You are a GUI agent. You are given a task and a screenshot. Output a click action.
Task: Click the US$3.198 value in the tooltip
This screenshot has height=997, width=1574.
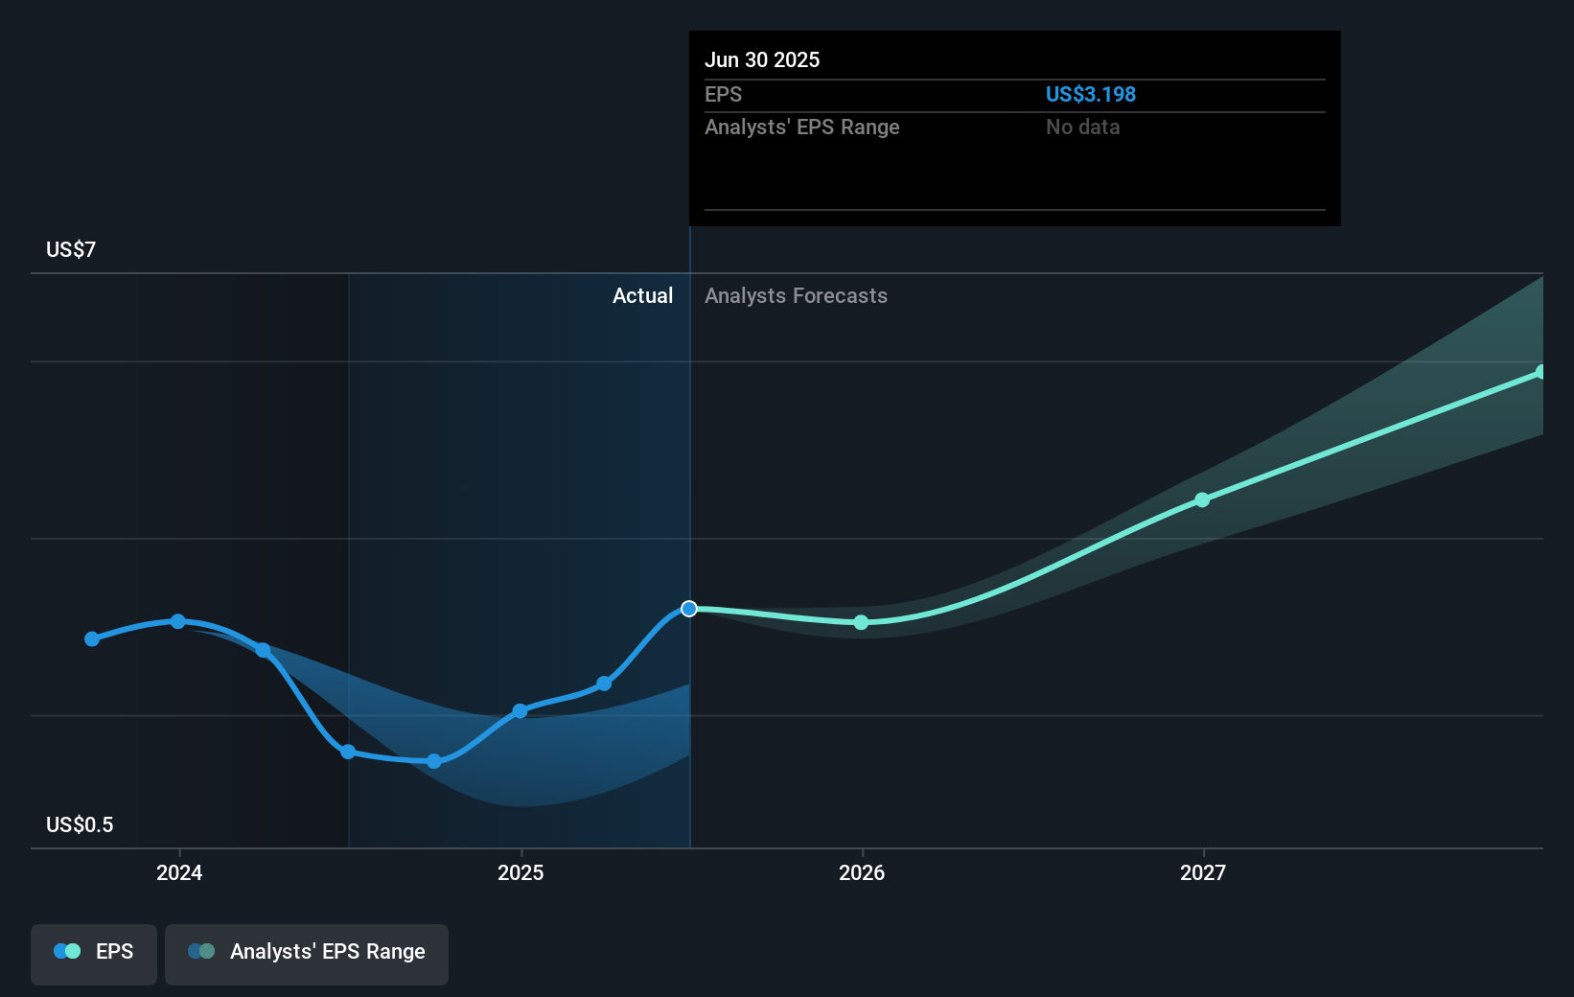[1090, 94]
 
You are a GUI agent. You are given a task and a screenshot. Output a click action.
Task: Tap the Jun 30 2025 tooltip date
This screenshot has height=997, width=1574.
[762, 59]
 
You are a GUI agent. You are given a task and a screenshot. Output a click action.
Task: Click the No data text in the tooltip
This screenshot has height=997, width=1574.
[1082, 127]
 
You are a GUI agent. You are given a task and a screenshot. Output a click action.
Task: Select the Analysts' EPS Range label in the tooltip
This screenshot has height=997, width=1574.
[801, 127]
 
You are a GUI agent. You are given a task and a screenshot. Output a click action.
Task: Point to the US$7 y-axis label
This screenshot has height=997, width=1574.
[71, 249]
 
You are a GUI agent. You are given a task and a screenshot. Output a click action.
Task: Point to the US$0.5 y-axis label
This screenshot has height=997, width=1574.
[80, 824]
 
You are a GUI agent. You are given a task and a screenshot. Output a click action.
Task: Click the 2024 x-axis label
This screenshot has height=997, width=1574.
[179, 872]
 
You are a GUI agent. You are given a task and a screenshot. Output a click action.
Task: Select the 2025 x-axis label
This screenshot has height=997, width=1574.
[521, 872]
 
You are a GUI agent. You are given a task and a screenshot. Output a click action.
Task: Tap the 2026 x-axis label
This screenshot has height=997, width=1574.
[862, 872]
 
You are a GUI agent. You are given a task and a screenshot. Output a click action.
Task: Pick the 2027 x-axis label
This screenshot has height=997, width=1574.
[1203, 872]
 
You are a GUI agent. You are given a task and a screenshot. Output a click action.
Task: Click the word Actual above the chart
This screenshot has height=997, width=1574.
[642, 295]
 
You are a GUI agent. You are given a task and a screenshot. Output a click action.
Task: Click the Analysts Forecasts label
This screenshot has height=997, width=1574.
[796, 295]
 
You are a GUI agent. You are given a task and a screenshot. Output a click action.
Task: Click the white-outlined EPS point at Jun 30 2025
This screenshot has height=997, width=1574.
[689, 609]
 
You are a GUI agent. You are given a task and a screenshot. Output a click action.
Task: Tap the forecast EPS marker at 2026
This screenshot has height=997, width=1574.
[861, 622]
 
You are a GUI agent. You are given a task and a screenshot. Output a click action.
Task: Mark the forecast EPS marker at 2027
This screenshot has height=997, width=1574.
[1202, 499]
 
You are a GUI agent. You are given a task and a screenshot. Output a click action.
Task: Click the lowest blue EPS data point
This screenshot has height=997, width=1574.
[434, 761]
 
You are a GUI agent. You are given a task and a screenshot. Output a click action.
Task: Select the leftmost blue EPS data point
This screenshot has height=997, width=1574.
[92, 638]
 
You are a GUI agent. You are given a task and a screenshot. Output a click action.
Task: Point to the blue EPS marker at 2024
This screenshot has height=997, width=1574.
[178, 621]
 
